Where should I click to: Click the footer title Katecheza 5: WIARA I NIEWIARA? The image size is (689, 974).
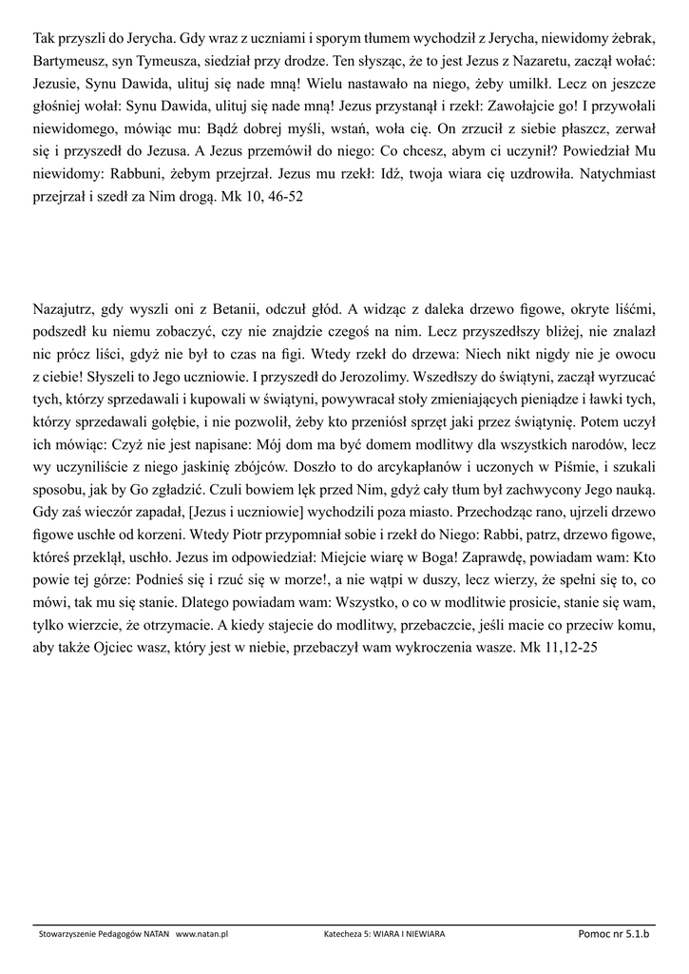tap(384, 935)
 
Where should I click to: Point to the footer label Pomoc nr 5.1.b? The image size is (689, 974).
tap(613, 934)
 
